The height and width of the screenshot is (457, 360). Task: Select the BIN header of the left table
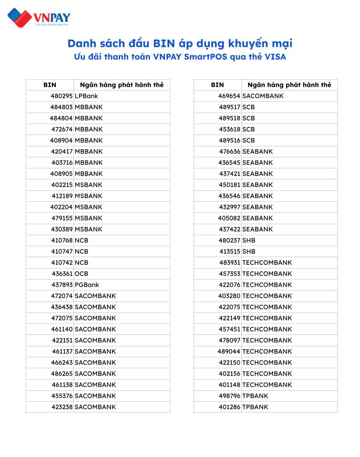coord(50,85)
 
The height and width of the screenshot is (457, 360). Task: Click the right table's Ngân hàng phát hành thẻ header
coord(289,85)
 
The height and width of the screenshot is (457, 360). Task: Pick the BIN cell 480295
coord(62,96)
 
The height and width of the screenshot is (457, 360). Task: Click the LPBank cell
coord(86,96)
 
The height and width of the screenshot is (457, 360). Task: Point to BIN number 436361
coord(62,274)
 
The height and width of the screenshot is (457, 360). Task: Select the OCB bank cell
coord(82,274)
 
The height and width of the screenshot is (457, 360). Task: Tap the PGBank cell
coord(87,285)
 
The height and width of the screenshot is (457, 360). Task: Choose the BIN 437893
coord(62,285)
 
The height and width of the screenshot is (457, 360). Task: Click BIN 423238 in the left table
coord(62,407)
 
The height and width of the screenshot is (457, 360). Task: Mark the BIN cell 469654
coord(229,96)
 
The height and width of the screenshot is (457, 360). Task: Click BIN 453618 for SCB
coord(229,129)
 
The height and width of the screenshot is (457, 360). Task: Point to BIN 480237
coord(229,240)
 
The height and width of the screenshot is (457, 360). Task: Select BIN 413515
coord(230,251)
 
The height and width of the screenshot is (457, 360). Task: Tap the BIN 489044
coord(229,352)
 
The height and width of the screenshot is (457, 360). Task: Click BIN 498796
coord(229,396)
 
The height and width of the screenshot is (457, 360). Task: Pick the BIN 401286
coord(229,407)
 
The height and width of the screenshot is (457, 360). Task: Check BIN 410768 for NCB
coord(62,240)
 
